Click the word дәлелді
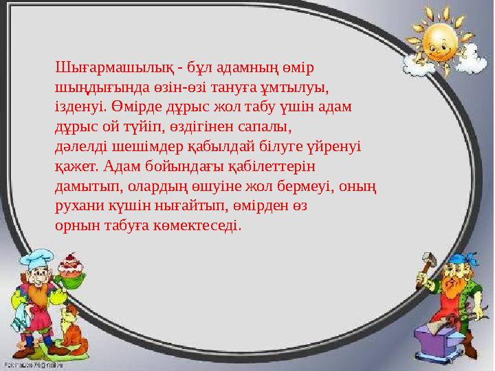78,146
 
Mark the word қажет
76,166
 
